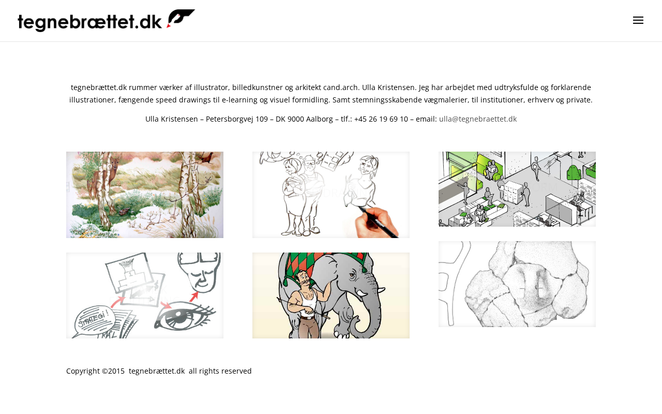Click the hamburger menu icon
point(638,20)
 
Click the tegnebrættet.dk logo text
point(90,22)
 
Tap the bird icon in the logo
point(180,18)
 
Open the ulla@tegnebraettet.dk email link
point(477,119)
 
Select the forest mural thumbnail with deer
point(145,195)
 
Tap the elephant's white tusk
point(363,293)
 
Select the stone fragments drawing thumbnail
point(517,284)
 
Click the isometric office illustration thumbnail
point(517,189)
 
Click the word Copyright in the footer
point(83,371)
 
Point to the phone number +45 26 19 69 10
point(381,119)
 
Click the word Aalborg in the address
point(319,119)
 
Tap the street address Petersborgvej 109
point(237,119)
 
